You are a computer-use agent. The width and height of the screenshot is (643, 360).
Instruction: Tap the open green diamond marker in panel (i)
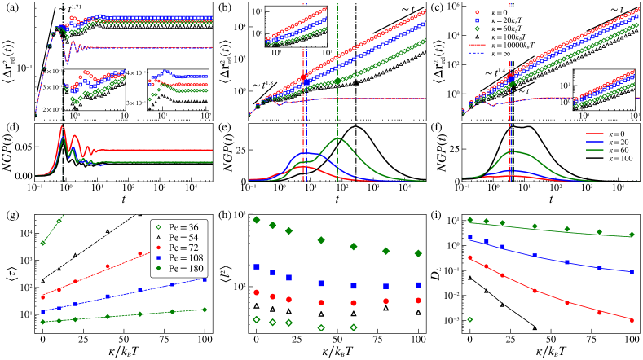[x=470, y=320]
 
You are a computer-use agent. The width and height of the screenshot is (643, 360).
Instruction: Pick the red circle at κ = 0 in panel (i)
[x=470, y=257]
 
